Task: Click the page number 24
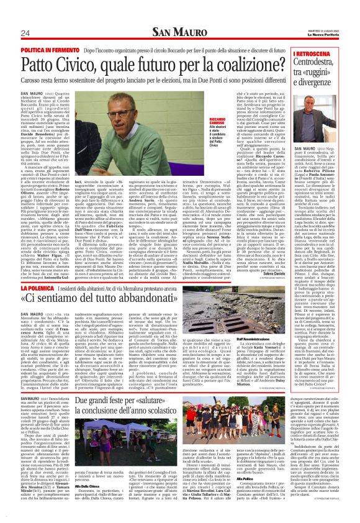(25, 32)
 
